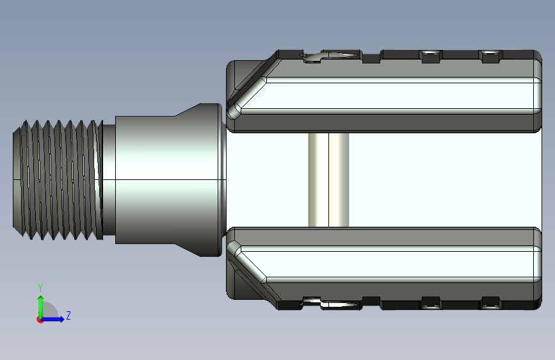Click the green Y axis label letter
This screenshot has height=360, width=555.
(x=40, y=288)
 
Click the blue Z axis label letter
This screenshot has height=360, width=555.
(x=68, y=315)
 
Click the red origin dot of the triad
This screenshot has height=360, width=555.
(x=40, y=320)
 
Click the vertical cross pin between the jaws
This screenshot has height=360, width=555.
(x=328, y=180)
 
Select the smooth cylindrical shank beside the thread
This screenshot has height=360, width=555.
(x=145, y=180)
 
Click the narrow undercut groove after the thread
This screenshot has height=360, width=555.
(x=109, y=180)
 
